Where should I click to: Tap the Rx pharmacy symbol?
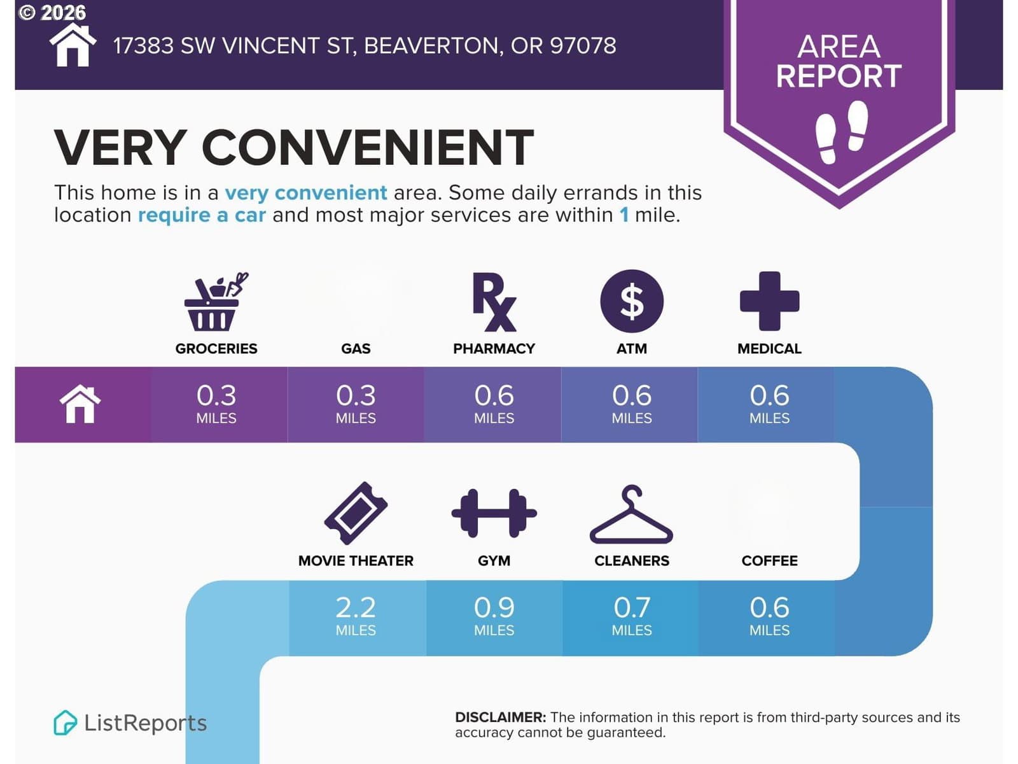pos(494,302)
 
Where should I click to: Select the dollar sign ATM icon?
pos(632,301)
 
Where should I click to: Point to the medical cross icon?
pos(769,301)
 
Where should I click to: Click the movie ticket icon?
pos(356,513)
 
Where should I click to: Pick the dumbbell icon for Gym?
pos(494,513)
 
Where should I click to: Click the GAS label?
pos(356,348)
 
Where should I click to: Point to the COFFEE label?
pos(769,560)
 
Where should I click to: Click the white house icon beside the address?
pos(73,45)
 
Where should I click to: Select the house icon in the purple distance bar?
pos(80,404)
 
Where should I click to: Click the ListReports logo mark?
pos(64,722)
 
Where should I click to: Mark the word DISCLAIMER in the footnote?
pos(501,717)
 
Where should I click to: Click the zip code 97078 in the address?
pos(583,45)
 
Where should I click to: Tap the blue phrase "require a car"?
pos(202,215)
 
